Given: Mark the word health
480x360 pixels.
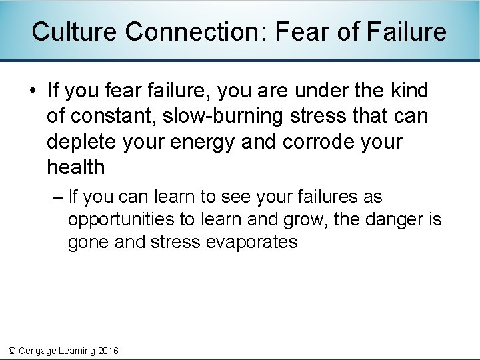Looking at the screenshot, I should click(76, 167).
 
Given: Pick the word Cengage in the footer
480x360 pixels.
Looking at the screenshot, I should click(38, 351).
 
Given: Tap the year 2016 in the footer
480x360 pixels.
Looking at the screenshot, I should click(108, 351).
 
